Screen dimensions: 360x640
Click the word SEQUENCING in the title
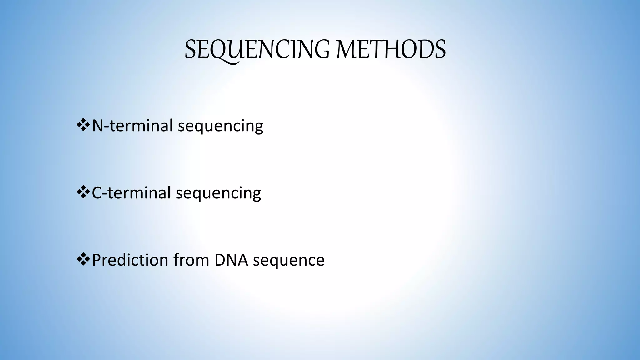point(257,50)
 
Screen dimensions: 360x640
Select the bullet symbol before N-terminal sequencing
point(83,125)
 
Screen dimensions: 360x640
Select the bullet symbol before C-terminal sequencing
point(83,192)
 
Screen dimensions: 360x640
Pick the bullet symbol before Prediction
point(83,259)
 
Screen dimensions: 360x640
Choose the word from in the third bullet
point(192,260)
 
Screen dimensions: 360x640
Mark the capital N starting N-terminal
point(97,126)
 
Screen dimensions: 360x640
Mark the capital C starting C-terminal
point(97,193)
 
